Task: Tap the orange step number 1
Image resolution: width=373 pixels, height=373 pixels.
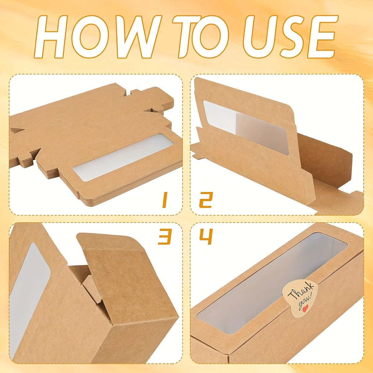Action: (164, 200)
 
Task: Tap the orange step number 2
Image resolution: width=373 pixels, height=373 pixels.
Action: (206, 200)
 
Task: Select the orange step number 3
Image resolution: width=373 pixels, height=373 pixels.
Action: (165, 237)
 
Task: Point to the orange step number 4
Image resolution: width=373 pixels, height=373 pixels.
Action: (206, 237)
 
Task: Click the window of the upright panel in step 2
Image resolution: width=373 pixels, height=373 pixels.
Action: (246, 127)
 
